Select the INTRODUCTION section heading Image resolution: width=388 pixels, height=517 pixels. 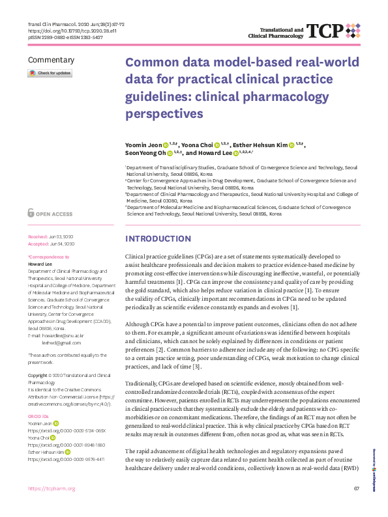(158, 238)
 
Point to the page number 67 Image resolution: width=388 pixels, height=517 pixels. (357, 507)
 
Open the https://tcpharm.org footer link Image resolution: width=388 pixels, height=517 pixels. (52, 507)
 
